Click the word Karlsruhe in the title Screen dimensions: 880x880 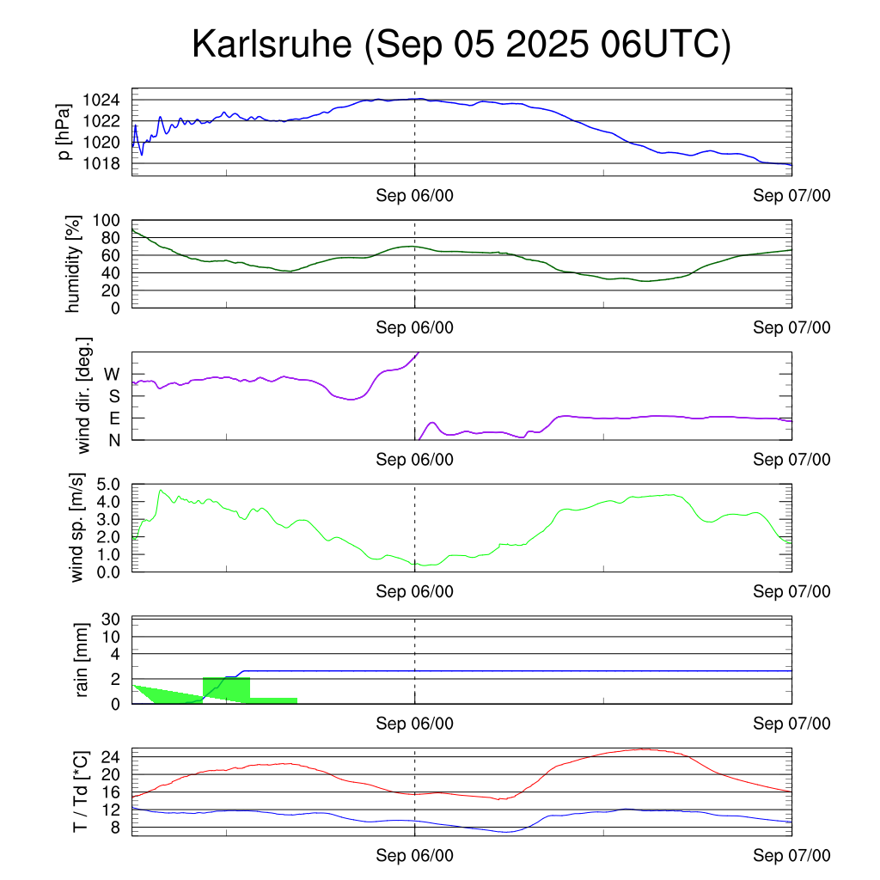(x=272, y=44)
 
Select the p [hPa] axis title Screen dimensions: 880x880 (x=64, y=131)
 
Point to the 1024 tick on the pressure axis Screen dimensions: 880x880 (x=105, y=100)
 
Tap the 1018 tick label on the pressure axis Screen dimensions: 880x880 (x=105, y=163)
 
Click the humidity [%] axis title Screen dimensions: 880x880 (x=73, y=265)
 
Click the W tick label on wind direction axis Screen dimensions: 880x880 (x=112, y=374)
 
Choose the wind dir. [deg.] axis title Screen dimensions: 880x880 (x=84, y=395)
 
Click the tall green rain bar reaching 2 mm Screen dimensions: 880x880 (x=226, y=687)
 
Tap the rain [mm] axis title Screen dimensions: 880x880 (x=82, y=660)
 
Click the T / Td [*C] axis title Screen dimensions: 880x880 (x=79, y=791)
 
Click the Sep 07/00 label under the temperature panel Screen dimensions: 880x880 (x=791, y=856)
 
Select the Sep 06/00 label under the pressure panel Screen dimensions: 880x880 (x=414, y=196)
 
